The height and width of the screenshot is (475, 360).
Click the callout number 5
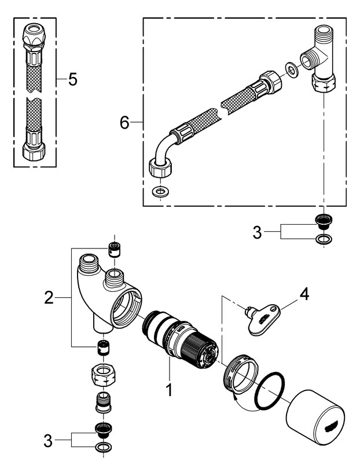[x=72, y=79]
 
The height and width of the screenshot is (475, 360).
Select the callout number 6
[x=123, y=122]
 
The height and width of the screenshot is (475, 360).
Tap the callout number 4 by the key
[x=303, y=294]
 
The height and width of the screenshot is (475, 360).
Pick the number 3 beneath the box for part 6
[x=258, y=233]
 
